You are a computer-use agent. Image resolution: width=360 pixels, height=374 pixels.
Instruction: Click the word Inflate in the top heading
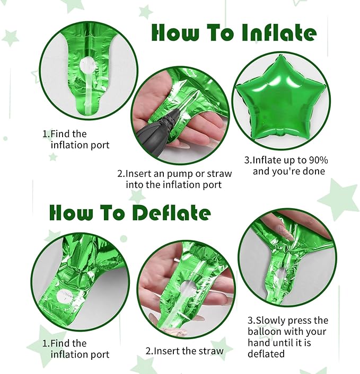click(x=279, y=33)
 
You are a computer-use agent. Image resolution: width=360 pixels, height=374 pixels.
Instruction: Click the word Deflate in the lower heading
click(x=171, y=212)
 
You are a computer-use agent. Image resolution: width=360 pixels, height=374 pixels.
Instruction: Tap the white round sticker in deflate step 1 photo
click(x=64, y=296)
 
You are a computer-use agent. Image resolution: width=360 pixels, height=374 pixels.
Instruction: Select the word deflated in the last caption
click(x=266, y=353)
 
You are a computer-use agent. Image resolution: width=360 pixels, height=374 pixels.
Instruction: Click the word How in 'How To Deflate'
click(x=71, y=212)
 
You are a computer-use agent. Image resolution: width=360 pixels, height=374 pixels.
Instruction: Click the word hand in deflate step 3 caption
click(x=259, y=343)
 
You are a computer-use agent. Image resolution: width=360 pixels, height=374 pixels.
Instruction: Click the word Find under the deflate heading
click(x=60, y=343)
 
